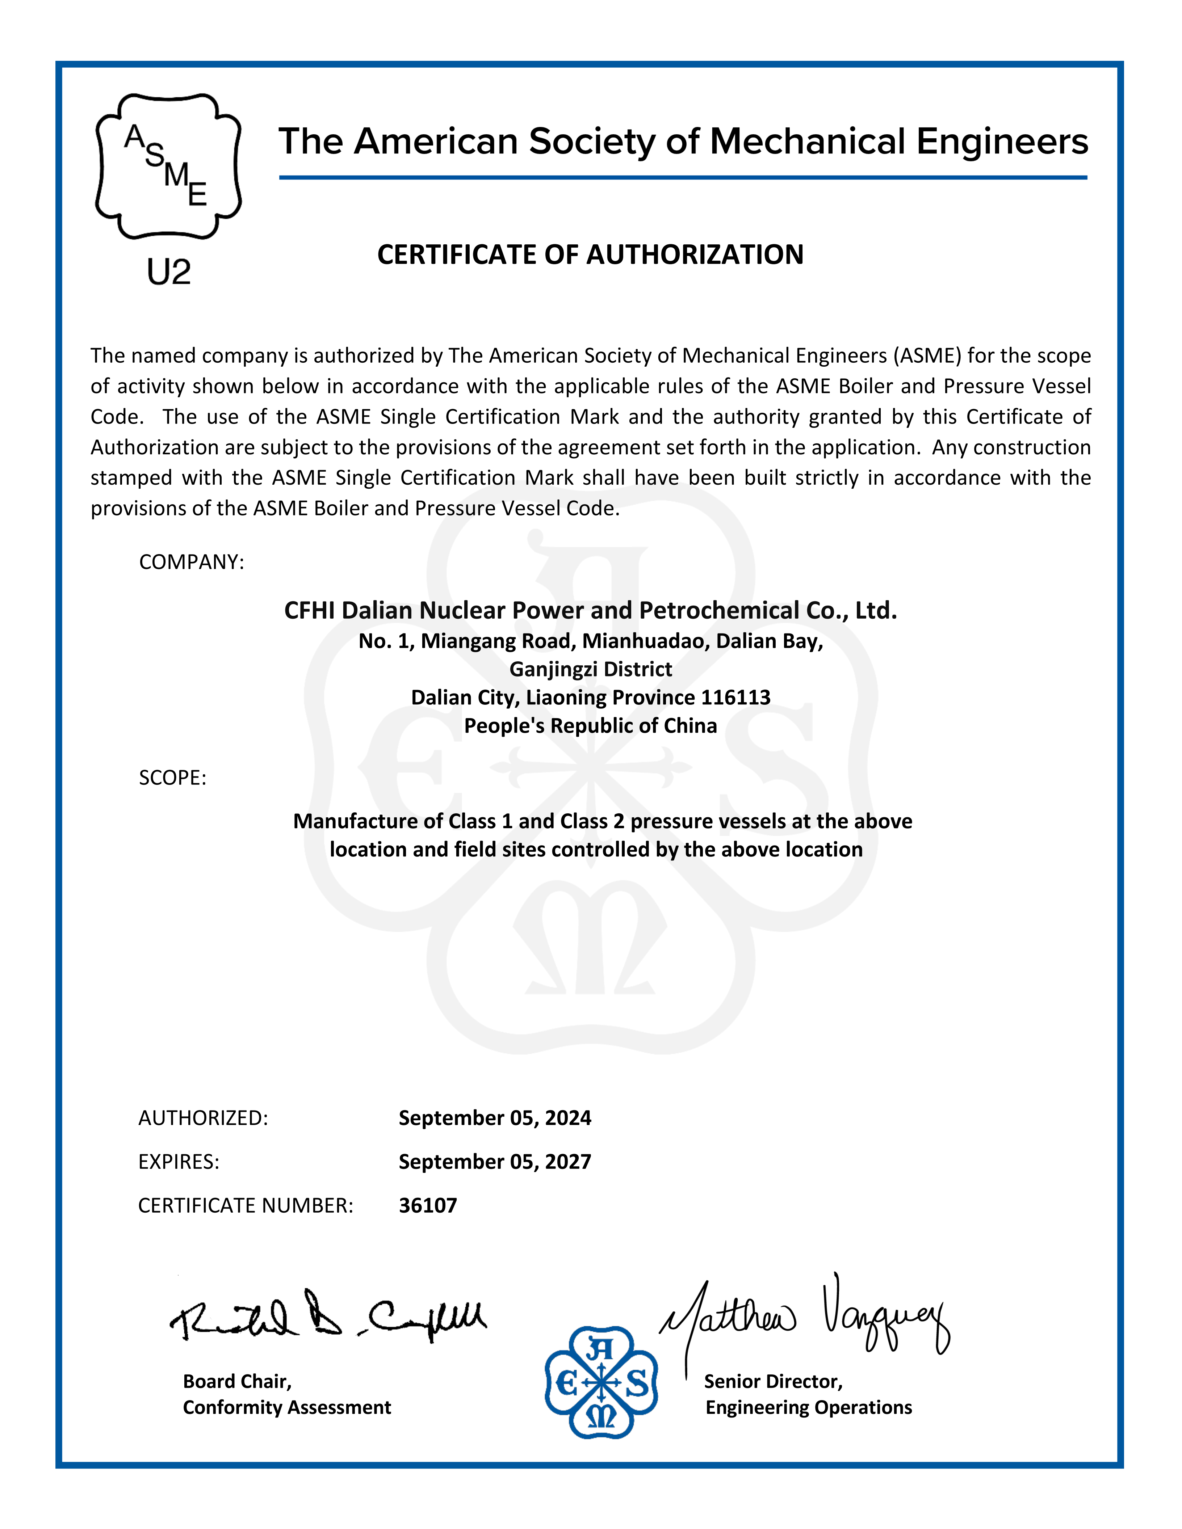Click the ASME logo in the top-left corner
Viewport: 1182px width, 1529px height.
point(168,167)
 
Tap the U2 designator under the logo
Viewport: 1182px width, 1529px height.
point(169,271)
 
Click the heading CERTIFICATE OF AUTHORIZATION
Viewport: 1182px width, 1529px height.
point(590,255)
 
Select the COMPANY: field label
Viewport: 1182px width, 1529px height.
point(191,562)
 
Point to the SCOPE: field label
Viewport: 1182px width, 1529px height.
point(172,778)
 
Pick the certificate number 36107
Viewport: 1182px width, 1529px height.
point(428,1205)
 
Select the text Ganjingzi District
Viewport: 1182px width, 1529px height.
point(590,669)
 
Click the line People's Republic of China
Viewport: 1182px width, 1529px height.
point(590,725)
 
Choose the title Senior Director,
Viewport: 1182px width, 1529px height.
point(773,1381)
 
